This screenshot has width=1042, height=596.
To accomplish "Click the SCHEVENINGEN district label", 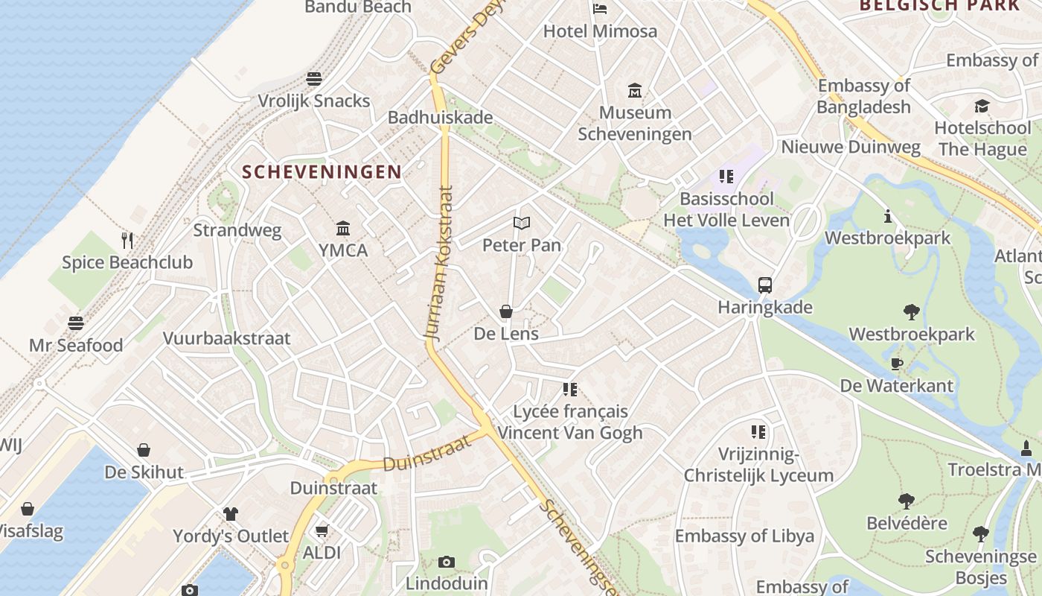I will [x=322, y=172].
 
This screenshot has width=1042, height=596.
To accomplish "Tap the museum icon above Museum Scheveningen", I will [x=635, y=91].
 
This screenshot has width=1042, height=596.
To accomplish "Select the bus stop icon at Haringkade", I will [x=764, y=285].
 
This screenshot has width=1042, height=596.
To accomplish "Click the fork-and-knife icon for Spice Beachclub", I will [x=127, y=240].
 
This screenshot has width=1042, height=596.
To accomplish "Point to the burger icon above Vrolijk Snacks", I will [x=314, y=79].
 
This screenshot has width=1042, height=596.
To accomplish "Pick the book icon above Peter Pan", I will [x=522, y=223].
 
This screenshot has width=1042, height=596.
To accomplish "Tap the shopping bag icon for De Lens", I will [x=506, y=311].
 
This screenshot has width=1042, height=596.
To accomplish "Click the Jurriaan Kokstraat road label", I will [x=440, y=264].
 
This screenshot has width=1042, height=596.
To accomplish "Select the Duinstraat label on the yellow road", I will [x=427, y=453].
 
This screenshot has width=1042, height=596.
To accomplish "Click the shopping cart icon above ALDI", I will [x=322, y=530].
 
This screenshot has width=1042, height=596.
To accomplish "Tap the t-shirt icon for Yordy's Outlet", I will [x=231, y=513].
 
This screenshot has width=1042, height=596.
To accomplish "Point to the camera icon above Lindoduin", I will [x=447, y=562].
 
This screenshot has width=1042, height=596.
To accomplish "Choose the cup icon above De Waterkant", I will [x=897, y=364].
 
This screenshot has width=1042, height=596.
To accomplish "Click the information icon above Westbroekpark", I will [x=887, y=216].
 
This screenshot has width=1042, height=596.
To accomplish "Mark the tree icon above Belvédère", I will [x=906, y=501].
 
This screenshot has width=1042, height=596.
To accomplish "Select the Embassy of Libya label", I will [x=744, y=536].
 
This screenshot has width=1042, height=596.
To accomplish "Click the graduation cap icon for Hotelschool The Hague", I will [x=982, y=106].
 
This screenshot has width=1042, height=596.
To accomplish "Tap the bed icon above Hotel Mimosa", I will [x=600, y=9].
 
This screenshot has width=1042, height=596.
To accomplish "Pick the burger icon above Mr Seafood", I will [x=76, y=323].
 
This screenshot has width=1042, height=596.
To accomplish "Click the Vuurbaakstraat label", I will [x=226, y=338].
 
